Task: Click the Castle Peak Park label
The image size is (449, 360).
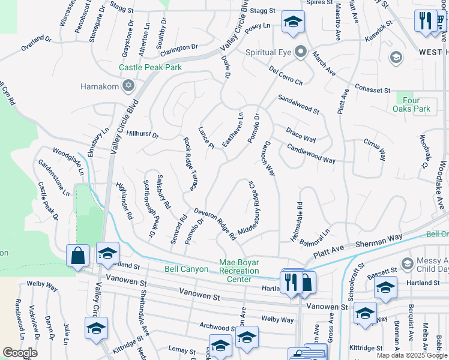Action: [150, 68]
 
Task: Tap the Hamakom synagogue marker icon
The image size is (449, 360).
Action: [127, 86]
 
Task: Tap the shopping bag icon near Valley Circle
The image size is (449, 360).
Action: [77, 256]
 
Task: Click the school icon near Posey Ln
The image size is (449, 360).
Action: [292, 23]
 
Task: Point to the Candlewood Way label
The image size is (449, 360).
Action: [310, 154]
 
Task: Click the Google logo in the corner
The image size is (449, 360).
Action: [20, 352]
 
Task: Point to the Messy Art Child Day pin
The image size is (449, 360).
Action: [407, 264]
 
